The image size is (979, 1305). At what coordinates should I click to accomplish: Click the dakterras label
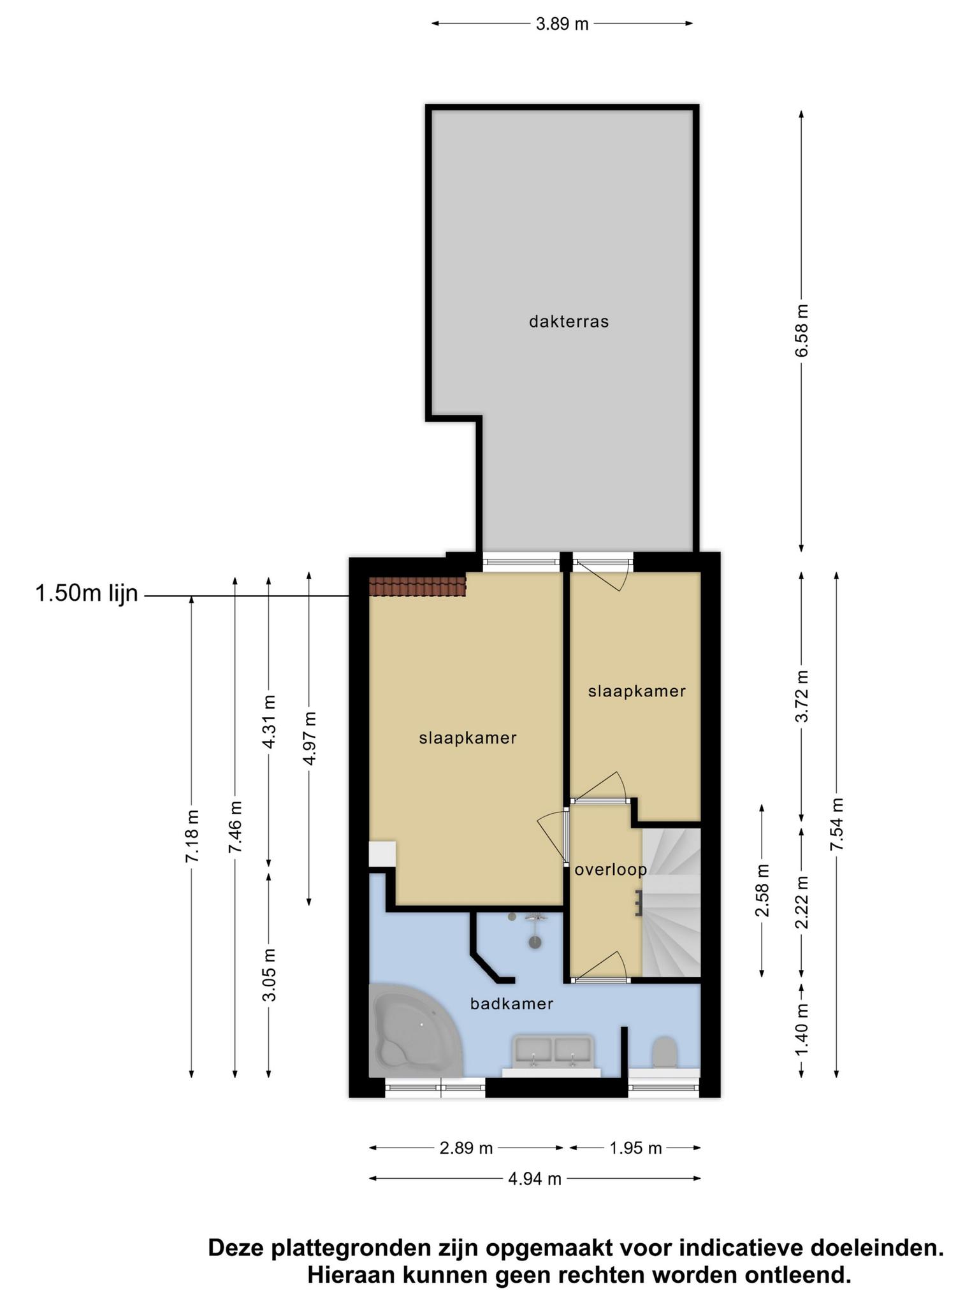click(569, 322)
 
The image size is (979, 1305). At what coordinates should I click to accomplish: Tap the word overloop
click(611, 870)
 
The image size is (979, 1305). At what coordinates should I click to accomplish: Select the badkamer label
click(512, 1004)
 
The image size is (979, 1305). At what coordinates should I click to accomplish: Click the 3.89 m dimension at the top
click(562, 24)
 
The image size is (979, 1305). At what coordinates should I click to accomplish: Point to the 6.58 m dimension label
click(802, 330)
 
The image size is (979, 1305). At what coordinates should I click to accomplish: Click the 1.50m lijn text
click(87, 594)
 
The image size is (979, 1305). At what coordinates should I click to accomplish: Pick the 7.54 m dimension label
click(837, 824)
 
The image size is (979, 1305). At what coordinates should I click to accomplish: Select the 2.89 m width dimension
click(467, 1148)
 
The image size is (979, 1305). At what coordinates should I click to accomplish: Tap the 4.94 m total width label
click(535, 1179)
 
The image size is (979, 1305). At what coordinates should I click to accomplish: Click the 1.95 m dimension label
click(635, 1148)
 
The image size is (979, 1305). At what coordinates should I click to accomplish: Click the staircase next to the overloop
click(671, 902)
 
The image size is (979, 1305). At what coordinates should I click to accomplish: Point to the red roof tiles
click(417, 587)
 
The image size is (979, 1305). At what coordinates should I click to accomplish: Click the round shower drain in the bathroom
click(535, 942)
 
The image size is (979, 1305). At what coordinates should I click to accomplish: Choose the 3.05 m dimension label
click(270, 975)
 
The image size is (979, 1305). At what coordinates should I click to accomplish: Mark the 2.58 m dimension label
click(762, 890)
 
